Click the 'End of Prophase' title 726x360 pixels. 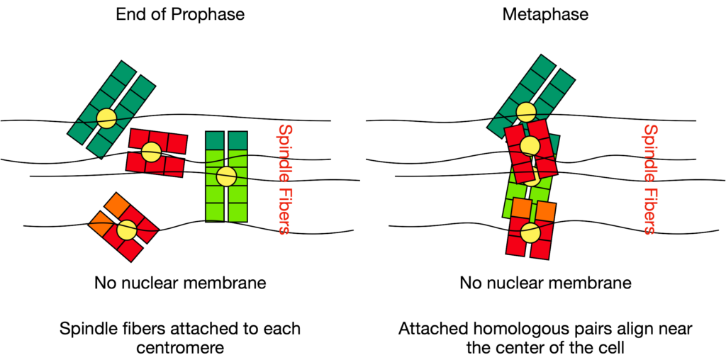(180, 13)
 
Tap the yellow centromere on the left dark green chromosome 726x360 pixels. (106, 118)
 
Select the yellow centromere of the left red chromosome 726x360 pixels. (150, 151)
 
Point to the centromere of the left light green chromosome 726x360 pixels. (225, 176)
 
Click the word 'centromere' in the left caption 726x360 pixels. (179, 347)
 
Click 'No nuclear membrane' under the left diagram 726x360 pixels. (180, 283)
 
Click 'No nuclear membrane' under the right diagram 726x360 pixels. (544, 283)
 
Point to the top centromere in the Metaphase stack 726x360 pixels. (525, 111)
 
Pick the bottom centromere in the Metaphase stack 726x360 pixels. (529, 232)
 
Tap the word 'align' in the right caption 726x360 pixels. (637, 330)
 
